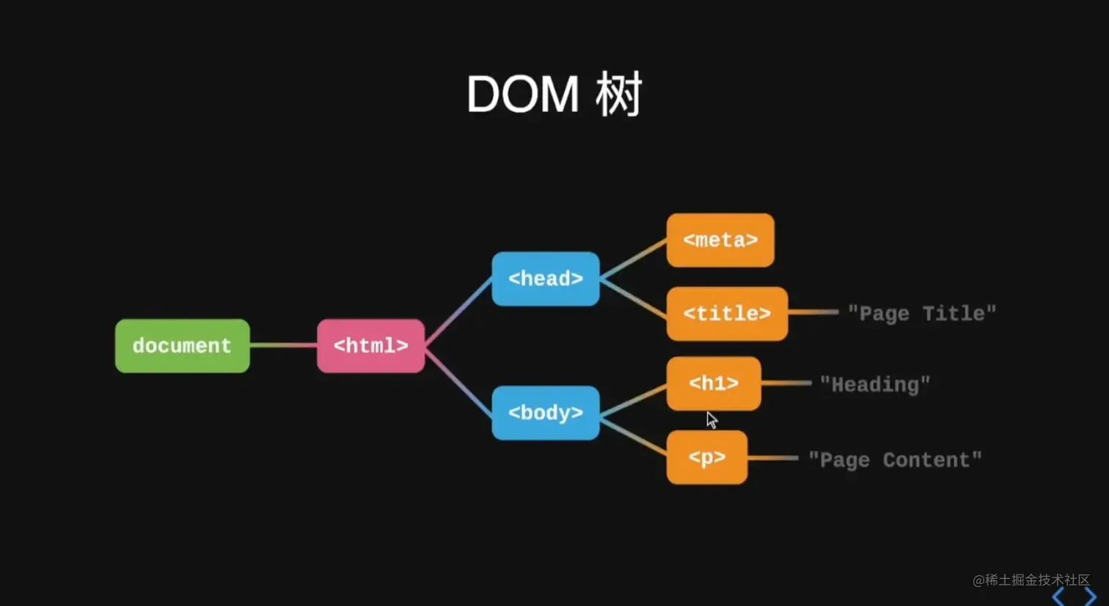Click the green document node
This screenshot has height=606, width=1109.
coord(182,346)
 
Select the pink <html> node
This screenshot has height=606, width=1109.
coord(370,346)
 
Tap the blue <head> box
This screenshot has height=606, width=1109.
coord(545,278)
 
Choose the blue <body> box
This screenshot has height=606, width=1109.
coord(545,413)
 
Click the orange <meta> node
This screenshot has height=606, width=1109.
coord(720,240)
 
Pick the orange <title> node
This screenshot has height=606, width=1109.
coord(726,314)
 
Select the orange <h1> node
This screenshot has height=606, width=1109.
coord(713,383)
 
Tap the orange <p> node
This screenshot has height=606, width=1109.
coord(706,457)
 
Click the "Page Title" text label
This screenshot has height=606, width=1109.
coord(921,314)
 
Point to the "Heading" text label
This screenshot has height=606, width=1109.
coord(874,384)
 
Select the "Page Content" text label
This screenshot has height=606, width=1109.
coord(894,459)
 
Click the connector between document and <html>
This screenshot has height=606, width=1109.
coord(283,345)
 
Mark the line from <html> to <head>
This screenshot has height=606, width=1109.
coord(458,311)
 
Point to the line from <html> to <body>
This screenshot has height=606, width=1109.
coord(458,380)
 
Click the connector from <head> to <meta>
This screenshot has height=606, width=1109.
coord(633,259)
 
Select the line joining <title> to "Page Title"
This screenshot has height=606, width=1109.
coord(813,312)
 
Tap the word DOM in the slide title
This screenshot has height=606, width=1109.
coord(522,95)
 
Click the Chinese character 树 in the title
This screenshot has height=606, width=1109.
coord(618,95)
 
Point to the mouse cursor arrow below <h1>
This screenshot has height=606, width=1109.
coord(711,419)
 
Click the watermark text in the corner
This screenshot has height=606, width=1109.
coord(1031,580)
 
